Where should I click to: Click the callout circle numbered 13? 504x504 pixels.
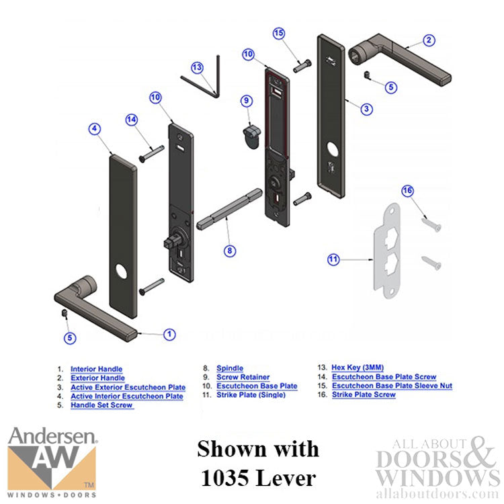(197, 67)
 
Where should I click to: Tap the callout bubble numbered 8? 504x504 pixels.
(230, 250)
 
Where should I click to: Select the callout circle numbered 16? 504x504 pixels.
(407, 192)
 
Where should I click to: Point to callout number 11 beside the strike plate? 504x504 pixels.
(333, 259)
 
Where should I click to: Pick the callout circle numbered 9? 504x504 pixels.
(247, 101)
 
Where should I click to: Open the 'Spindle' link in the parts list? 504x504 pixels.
(230, 368)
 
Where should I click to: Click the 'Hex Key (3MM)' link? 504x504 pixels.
(357, 368)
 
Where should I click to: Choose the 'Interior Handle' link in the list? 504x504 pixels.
(96, 369)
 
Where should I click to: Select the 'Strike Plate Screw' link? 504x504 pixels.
(364, 394)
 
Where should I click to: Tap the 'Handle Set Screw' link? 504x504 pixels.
(102, 405)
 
